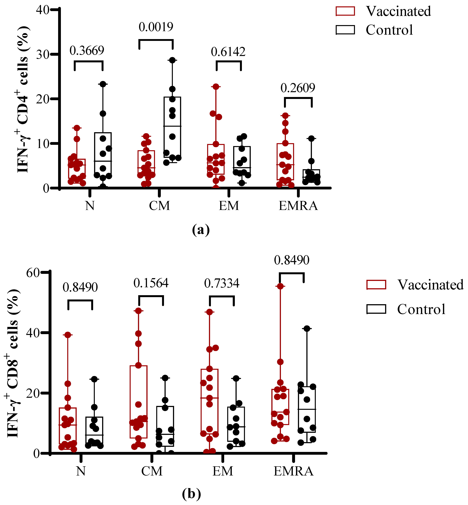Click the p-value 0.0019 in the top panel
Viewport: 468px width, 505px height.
pyautogui.click(x=156, y=27)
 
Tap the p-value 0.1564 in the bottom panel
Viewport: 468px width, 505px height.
pyautogui.click(x=151, y=283)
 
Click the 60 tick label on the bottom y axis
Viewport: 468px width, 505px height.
pyautogui.click(x=33, y=273)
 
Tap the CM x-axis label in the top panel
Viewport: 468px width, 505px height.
pyautogui.click(x=159, y=206)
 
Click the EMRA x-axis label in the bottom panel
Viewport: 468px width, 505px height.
pyautogui.click(x=294, y=471)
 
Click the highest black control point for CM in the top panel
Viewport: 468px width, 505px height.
pyautogui.click(x=172, y=60)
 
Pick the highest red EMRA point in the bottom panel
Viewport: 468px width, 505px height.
pyautogui.click(x=280, y=286)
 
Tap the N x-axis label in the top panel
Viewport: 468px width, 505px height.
pyautogui.click(x=90, y=206)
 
